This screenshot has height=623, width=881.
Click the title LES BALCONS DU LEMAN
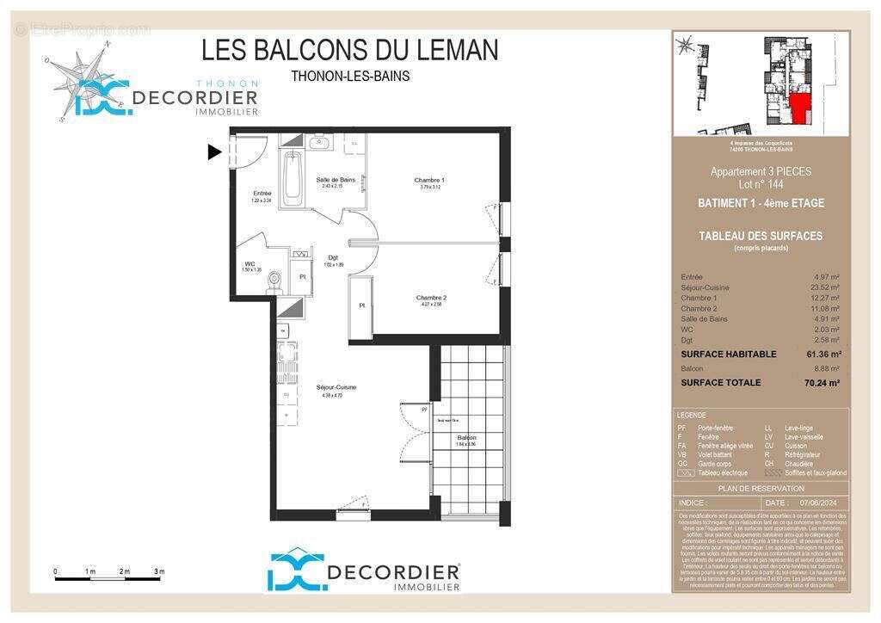point(349,50)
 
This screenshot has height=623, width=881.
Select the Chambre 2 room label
point(431,298)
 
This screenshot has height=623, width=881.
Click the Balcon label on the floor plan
point(467,438)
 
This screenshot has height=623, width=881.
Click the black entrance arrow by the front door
point(214,152)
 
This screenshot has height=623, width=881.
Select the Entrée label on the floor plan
point(262,194)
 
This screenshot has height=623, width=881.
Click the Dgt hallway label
point(333,257)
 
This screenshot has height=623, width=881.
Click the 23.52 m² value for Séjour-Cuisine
point(825,287)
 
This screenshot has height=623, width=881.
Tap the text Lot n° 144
point(761,184)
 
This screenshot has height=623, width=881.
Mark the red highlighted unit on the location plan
point(800,108)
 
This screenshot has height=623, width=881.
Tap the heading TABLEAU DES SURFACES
point(761,236)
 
